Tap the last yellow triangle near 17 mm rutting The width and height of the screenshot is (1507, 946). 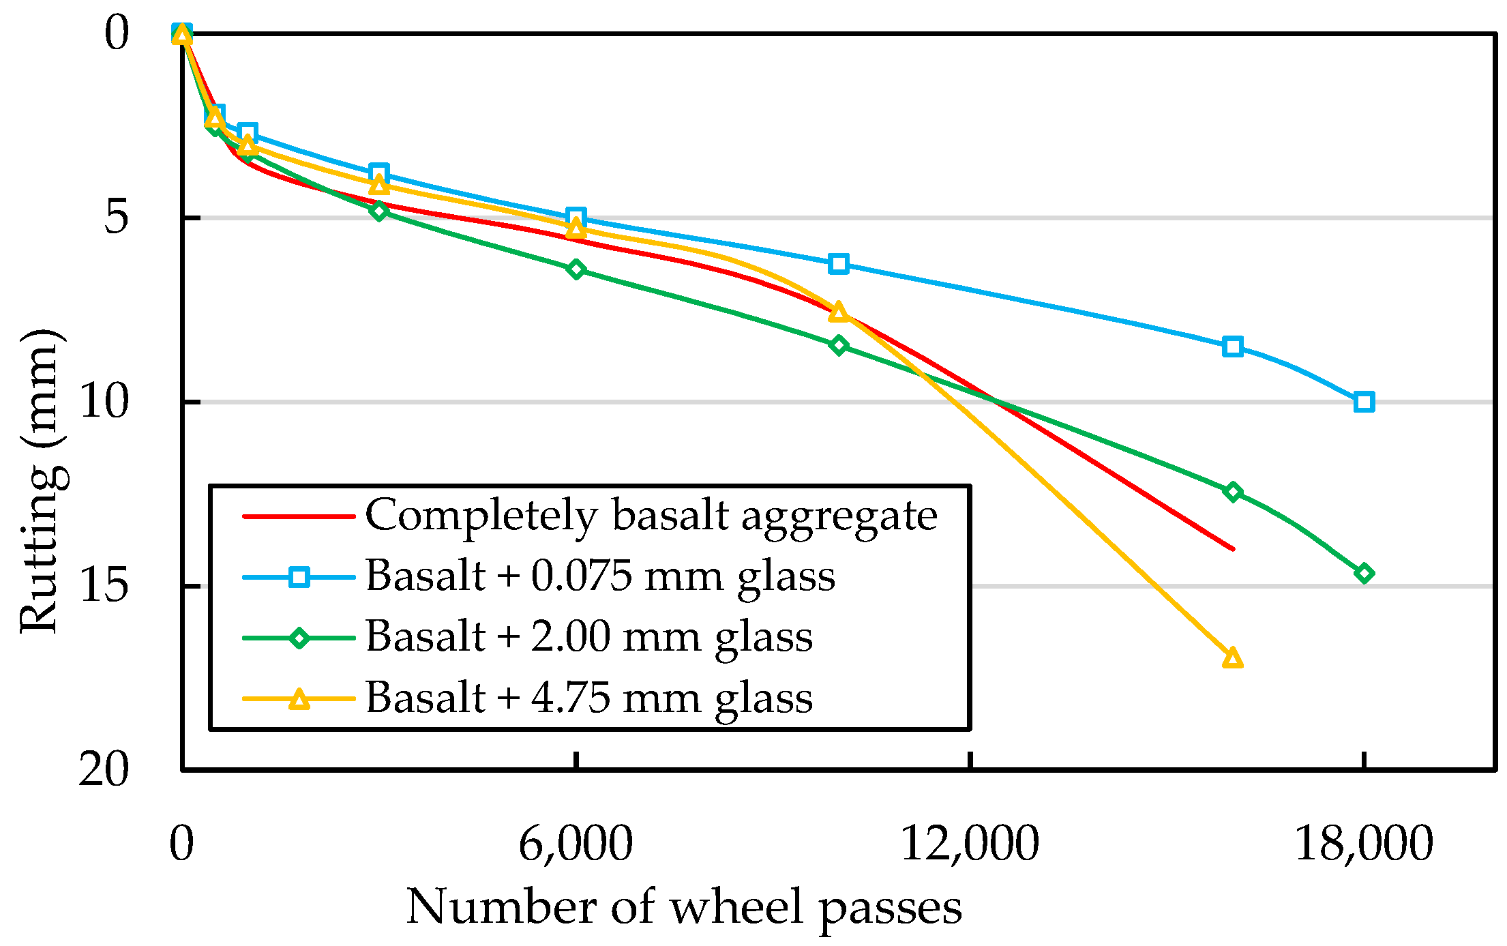1232,658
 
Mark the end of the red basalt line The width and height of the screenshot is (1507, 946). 1233,548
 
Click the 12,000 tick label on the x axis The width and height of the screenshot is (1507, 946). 970,844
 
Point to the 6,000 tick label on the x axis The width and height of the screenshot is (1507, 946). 576,844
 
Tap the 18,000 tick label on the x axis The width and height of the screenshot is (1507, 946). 1363,844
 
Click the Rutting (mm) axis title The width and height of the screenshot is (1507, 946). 42,481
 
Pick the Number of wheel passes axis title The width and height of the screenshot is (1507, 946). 684,908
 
